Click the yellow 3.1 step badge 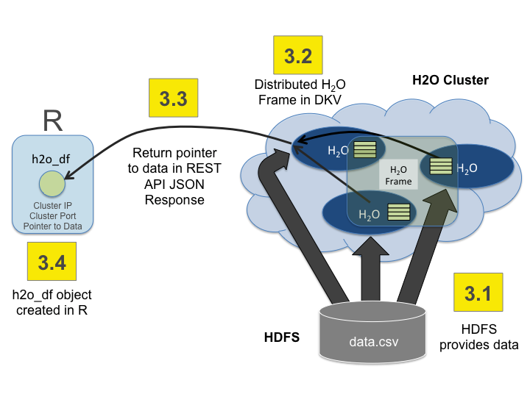(479, 293)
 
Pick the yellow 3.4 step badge (52, 262)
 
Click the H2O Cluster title (450, 80)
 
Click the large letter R (52, 120)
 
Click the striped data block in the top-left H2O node (364, 149)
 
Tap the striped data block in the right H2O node (441, 166)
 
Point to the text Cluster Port (52, 216)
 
